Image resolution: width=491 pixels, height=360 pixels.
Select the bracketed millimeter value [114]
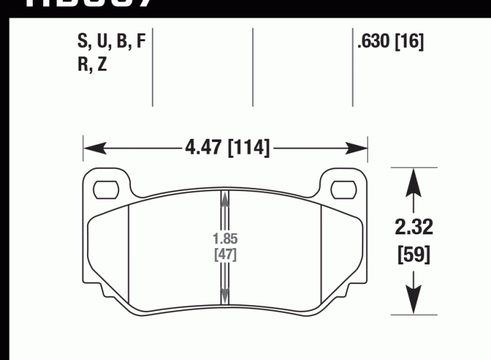pos(248,148)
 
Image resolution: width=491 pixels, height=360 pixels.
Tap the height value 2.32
pos(413,228)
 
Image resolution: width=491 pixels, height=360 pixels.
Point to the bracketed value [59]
pos(413,254)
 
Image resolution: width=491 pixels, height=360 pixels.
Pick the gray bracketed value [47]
pos(225,254)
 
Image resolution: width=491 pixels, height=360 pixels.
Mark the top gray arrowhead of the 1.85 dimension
pos(225,196)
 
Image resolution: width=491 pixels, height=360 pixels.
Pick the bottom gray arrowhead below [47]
pos(225,297)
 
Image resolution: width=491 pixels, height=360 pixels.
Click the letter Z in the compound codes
pos(102,65)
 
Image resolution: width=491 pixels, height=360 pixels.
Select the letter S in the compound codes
pos(83,43)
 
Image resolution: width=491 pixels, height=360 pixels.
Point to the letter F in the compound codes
pos(139,43)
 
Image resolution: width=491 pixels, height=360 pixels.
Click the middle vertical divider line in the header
pos(253,65)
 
